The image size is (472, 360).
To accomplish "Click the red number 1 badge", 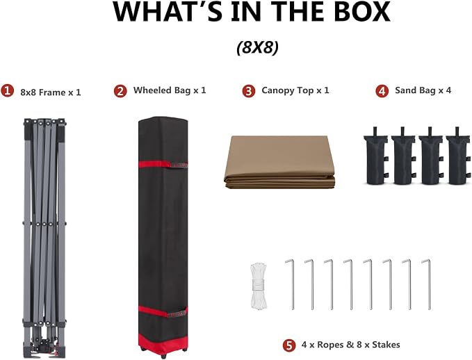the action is [7, 90].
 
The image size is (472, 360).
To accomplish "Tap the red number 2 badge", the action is [120, 91].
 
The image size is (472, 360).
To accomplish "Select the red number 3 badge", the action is [249, 91].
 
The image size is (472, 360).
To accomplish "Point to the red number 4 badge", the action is [382, 91].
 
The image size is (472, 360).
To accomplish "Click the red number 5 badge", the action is [289, 345].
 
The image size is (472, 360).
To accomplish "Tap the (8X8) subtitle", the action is [258, 47].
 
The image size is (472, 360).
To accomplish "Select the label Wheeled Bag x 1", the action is [170, 90].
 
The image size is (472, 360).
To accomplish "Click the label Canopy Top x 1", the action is [295, 90].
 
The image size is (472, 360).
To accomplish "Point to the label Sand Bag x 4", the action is [423, 90].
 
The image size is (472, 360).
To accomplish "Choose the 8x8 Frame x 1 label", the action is [51, 92].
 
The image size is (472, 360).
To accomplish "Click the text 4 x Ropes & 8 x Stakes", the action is [350, 345].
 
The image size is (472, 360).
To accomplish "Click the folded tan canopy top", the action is [279, 163].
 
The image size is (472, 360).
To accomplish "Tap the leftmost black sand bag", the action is [376, 156].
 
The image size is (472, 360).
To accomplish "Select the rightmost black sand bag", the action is [458, 156].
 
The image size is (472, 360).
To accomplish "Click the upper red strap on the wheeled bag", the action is [163, 164].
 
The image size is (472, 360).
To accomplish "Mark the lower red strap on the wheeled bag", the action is [163, 311].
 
